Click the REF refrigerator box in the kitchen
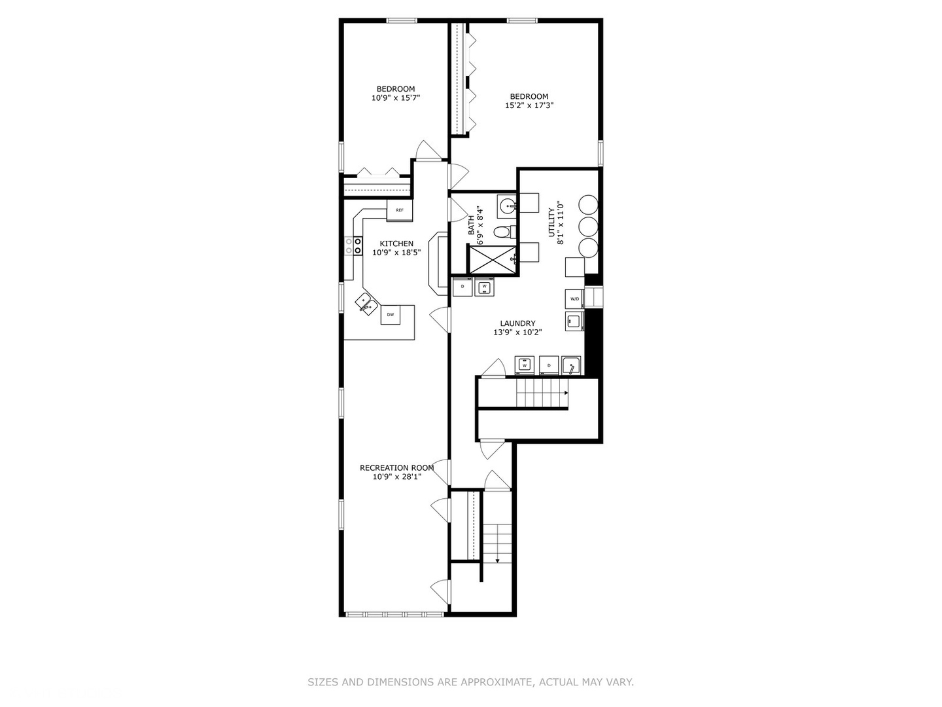[399, 210]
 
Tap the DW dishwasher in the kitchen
[391, 314]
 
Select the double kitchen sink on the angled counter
[365, 302]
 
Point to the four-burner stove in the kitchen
[353, 245]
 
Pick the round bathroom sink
[506, 207]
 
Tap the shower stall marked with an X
[491, 260]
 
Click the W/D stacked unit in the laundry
[574, 299]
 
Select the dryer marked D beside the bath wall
[462, 287]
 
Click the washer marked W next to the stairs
[525, 365]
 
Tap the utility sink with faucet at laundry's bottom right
[571, 365]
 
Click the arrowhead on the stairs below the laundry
[566, 393]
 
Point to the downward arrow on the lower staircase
[497, 560]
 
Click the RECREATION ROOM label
[396, 467]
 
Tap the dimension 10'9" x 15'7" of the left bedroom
[395, 98]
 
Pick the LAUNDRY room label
[517, 323]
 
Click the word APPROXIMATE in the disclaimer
[496, 682]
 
